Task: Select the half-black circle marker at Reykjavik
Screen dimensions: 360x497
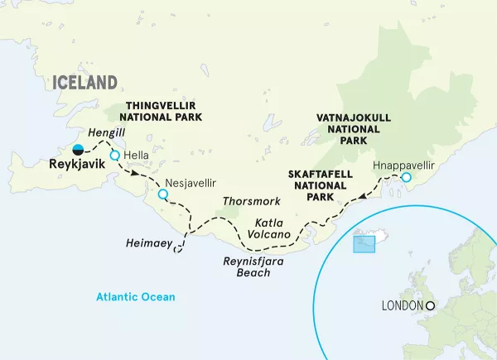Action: (78, 150)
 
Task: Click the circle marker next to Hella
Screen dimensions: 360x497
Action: (114, 155)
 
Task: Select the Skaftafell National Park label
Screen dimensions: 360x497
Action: (318, 186)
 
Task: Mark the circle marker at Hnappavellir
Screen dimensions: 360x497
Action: (406, 177)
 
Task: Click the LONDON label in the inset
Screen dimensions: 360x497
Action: (402, 305)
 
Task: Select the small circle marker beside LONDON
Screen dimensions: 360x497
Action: (430, 305)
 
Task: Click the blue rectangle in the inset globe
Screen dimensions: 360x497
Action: (364, 244)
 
